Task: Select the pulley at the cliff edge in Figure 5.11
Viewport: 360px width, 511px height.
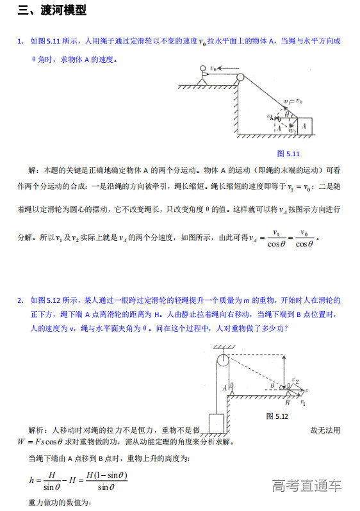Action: tap(240, 78)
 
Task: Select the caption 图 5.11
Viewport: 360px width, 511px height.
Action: tap(288, 154)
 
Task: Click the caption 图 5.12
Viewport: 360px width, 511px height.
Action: tap(277, 416)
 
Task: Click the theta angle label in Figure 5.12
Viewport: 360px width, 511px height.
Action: tap(272, 386)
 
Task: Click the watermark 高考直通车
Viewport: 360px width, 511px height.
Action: tap(306, 485)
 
